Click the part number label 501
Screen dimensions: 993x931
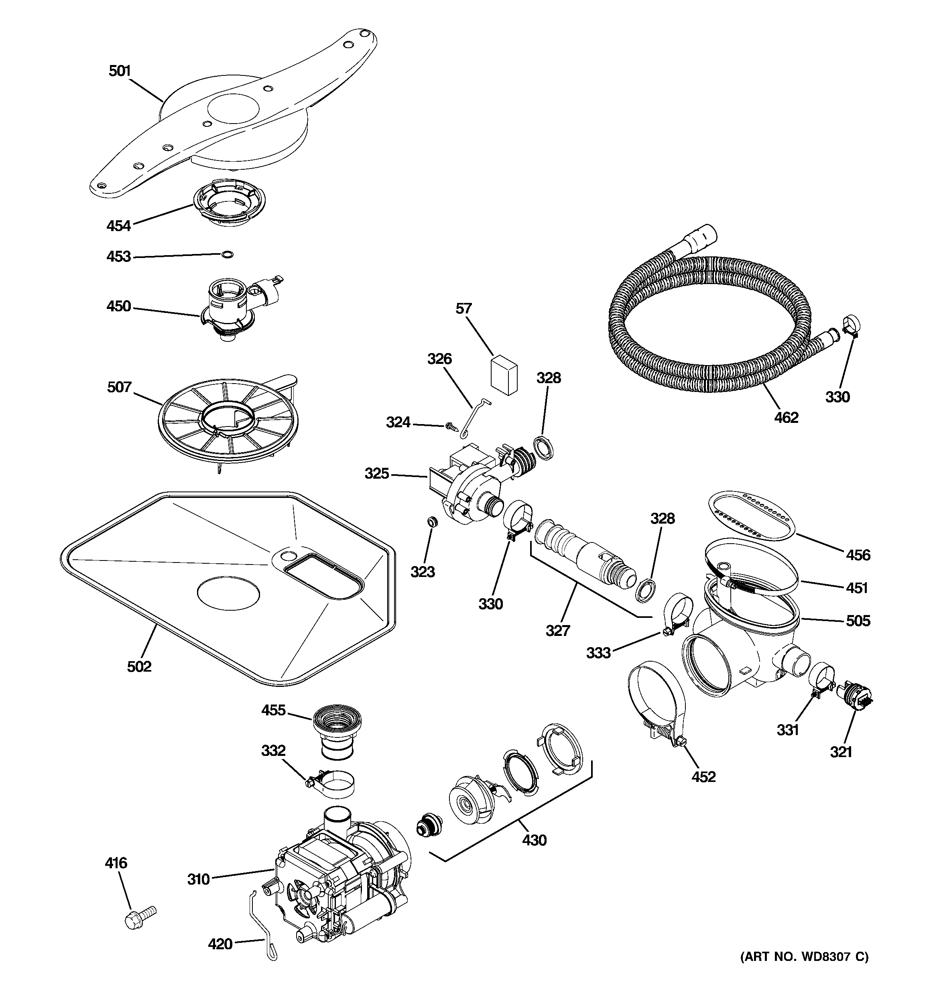pyautogui.click(x=120, y=71)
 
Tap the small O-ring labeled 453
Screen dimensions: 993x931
pyautogui.click(x=227, y=255)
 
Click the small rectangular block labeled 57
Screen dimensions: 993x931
pyautogui.click(x=504, y=374)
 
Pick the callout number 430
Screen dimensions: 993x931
pyautogui.click(x=534, y=840)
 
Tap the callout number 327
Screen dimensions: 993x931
pyautogui.click(x=558, y=630)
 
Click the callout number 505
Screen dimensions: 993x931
pyautogui.click(x=858, y=621)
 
